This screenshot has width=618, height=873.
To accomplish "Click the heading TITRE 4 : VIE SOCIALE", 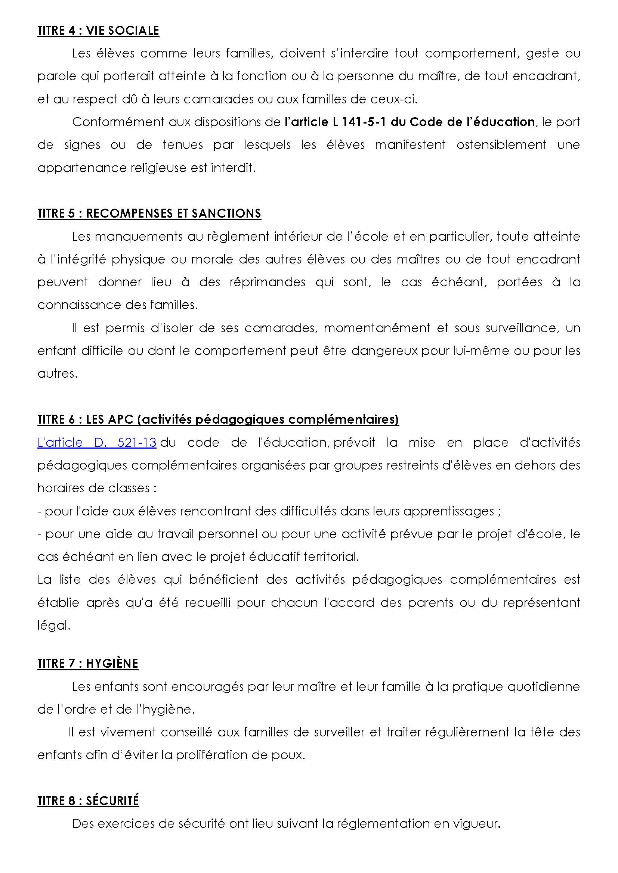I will coord(98,30).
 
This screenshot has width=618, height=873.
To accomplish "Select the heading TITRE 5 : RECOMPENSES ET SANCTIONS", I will coord(149,213).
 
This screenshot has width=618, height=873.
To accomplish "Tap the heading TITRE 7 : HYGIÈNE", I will coord(87,664).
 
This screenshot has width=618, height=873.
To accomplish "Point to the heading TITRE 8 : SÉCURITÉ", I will coord(88,801).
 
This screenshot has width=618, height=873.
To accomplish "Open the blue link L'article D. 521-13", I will coord(97,443).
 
